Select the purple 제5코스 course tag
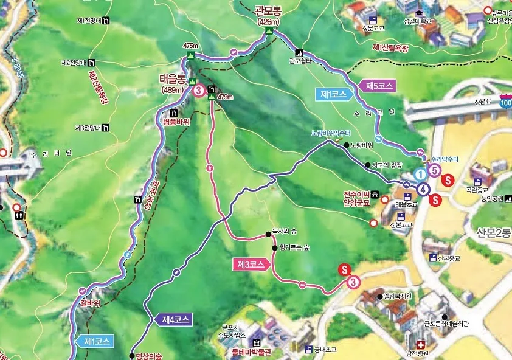[380, 85]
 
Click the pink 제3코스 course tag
[251, 265]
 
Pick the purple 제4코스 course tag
[176, 319]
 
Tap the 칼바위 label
[89, 303]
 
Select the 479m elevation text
[225, 97]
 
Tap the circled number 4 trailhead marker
[422, 189]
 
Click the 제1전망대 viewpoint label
[88, 21]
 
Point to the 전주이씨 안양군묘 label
[356, 199]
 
